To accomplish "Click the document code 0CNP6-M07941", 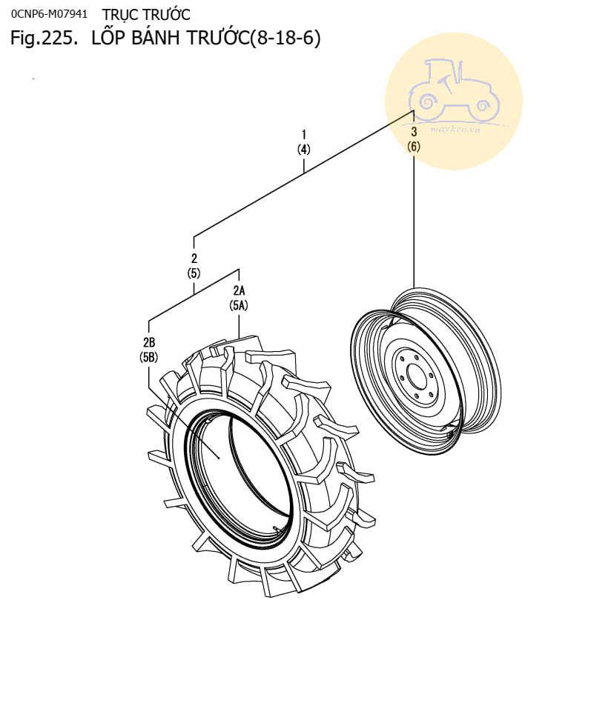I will click(x=50, y=14).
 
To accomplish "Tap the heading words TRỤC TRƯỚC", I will click(x=146, y=14).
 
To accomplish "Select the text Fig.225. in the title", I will click(x=43, y=39).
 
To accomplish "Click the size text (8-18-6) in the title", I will click(x=285, y=39).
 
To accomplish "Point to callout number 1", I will click(x=304, y=134).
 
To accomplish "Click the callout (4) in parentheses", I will click(x=304, y=149).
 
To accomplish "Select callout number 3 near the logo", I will click(x=414, y=132).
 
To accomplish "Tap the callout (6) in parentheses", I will click(x=414, y=147).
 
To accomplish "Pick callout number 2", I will click(x=194, y=259).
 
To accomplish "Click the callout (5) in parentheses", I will click(x=194, y=273).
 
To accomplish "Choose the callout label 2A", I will click(x=239, y=290).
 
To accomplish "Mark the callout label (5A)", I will click(x=239, y=305).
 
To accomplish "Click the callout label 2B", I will click(x=149, y=342).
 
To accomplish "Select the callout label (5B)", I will click(x=149, y=357).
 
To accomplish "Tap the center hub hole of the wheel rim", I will click(x=416, y=376).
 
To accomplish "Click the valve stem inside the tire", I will click(x=277, y=528).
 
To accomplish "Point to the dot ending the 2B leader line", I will click(x=220, y=458).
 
